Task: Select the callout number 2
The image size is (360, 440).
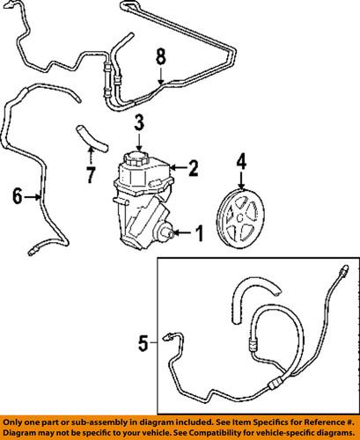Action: [x=194, y=165]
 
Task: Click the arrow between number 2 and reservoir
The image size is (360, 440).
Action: [x=178, y=165]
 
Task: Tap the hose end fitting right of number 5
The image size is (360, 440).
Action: [x=171, y=335]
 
